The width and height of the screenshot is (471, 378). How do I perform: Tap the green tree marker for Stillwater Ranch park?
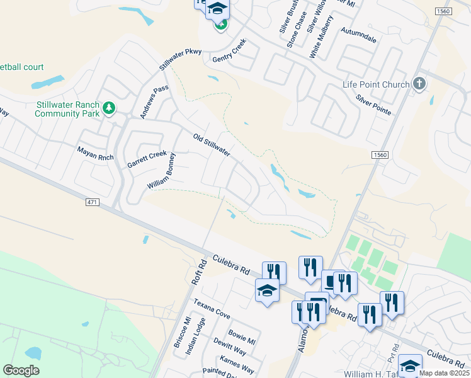(109, 108)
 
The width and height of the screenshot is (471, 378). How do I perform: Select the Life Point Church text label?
(376, 84)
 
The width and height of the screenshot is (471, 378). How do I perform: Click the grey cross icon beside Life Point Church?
(419, 84)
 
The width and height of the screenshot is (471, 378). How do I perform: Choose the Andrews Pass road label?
(154, 102)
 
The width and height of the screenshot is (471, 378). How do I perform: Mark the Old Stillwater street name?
(211, 144)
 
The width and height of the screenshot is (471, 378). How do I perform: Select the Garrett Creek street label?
(147, 158)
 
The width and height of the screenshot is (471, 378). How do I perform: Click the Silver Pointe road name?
(373, 105)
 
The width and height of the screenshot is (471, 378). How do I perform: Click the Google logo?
(21, 370)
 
